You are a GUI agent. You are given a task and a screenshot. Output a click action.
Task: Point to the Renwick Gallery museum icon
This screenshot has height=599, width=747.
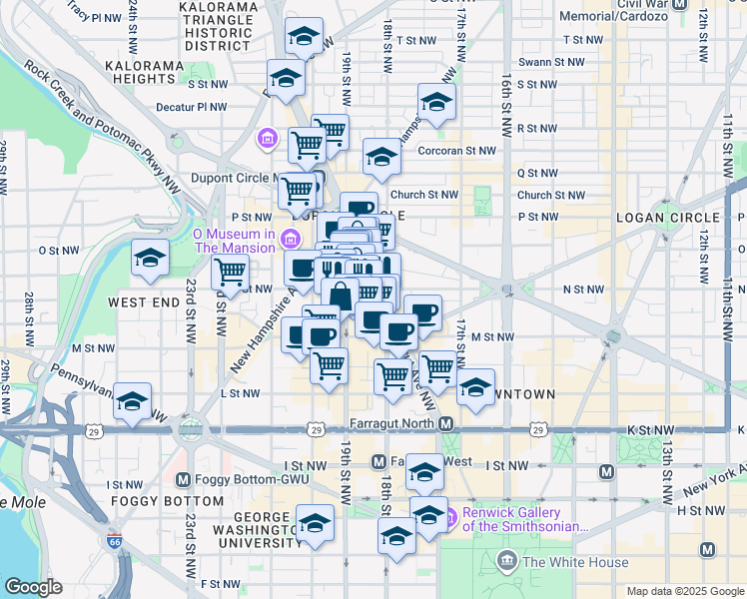click(x=449, y=517)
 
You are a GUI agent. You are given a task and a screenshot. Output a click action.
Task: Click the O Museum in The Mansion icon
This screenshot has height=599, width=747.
click(x=291, y=237)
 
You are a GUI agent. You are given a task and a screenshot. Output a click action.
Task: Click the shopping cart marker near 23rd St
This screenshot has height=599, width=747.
click(x=230, y=272)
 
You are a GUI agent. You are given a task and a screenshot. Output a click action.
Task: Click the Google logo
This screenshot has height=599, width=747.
click(x=33, y=587)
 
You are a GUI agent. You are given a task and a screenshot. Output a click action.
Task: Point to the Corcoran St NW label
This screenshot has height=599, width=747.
click(x=458, y=151)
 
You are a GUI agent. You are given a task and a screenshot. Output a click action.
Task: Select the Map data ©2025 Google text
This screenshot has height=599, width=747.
click(x=684, y=591)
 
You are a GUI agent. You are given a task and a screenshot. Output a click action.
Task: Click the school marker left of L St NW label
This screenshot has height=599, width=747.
click(x=132, y=401)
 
